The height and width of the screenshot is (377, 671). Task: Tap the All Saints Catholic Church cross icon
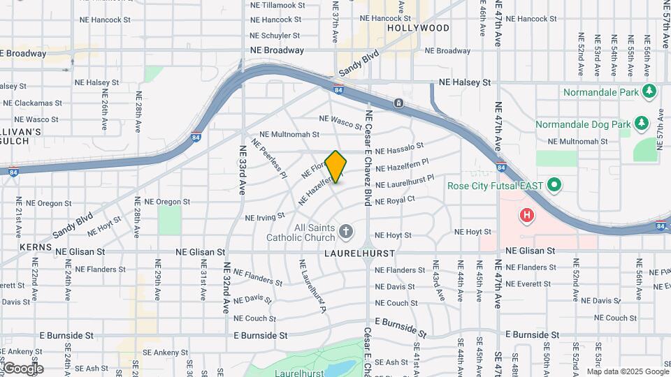(x=345, y=231)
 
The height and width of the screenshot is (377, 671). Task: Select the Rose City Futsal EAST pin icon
(x=554, y=186)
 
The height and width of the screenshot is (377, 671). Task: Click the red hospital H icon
(x=526, y=216)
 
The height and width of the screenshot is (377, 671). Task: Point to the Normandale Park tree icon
(x=649, y=91)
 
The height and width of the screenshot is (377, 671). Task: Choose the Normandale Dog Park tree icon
(x=642, y=124)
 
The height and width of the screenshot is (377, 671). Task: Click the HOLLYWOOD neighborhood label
(x=418, y=29)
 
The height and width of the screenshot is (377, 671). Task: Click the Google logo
(x=22, y=369)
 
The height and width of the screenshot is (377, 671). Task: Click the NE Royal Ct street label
(x=395, y=200)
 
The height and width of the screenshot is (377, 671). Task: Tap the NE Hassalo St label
(x=399, y=149)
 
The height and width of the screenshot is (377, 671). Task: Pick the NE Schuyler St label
(x=275, y=35)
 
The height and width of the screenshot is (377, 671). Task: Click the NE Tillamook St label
(x=277, y=5)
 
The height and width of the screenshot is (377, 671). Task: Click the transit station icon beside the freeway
(x=398, y=103)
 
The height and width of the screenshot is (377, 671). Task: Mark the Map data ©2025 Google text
(x=627, y=371)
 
